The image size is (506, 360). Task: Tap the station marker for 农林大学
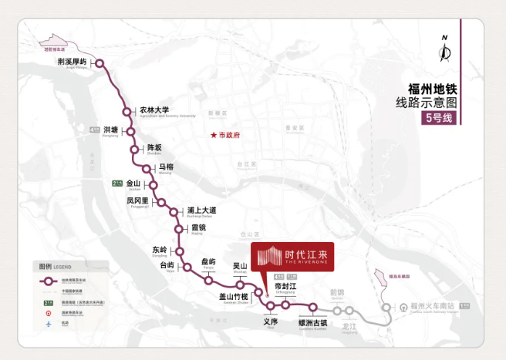[x=126, y=111]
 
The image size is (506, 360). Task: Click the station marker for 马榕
[x=147, y=169]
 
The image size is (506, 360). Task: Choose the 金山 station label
[x=134, y=183]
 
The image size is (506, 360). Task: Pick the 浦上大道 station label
[x=201, y=210]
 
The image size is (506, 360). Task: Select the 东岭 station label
[x=160, y=249]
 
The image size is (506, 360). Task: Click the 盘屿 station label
[x=208, y=262]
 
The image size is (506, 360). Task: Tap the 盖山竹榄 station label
[x=234, y=297]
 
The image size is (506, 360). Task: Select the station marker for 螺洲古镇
[x=313, y=307]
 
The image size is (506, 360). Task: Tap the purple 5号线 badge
[x=440, y=119]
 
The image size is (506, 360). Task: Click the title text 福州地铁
[x=432, y=88]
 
